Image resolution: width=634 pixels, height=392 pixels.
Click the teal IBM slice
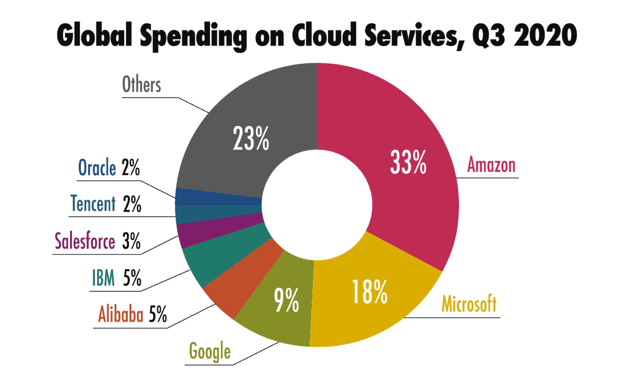(x=211, y=259)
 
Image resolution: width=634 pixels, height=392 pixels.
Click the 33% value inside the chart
(x=408, y=163)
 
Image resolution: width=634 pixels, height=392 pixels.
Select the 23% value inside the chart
(x=251, y=138)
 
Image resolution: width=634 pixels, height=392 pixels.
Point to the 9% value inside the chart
(x=286, y=302)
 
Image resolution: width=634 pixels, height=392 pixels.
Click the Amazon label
(x=491, y=165)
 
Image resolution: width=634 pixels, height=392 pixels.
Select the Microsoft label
(x=469, y=305)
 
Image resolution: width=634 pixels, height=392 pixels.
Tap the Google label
(x=210, y=350)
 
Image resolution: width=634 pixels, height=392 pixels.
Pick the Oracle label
(x=97, y=168)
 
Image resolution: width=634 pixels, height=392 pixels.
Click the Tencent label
(x=92, y=203)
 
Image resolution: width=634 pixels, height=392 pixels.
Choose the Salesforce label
(x=85, y=242)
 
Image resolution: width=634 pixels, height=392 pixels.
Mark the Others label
(x=142, y=85)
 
